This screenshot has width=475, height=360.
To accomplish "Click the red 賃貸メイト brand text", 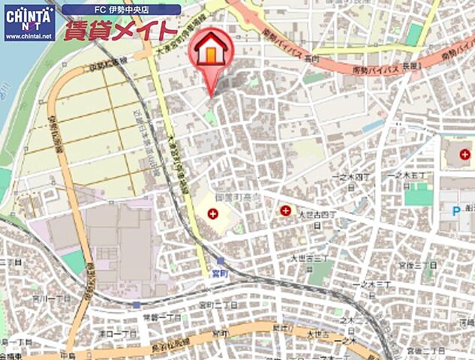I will click(x=120, y=31).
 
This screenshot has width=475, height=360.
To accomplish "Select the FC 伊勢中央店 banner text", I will click(x=121, y=10).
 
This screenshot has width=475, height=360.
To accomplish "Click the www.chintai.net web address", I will click(x=29, y=35).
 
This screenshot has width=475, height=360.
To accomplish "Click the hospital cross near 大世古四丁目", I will click(x=286, y=211).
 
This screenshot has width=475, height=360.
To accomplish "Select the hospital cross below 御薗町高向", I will click(x=213, y=214).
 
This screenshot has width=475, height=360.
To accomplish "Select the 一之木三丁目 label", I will click(x=373, y=285).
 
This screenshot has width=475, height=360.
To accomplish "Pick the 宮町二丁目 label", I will click(x=218, y=305).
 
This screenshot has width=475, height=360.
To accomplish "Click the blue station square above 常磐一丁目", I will click(x=137, y=305).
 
